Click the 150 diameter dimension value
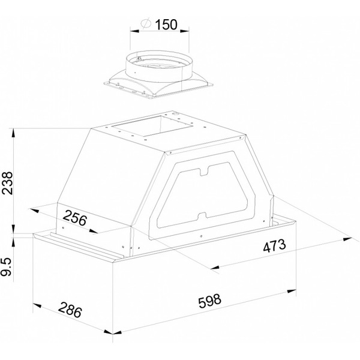coord(166,25)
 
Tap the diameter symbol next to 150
coord(146,23)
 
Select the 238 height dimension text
coord(7,183)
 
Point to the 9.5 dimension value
coord(6,267)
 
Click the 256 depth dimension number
coord(75,217)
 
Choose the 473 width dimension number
coord(274,245)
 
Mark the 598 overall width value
coord(210,301)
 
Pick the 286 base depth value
coord(70,310)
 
